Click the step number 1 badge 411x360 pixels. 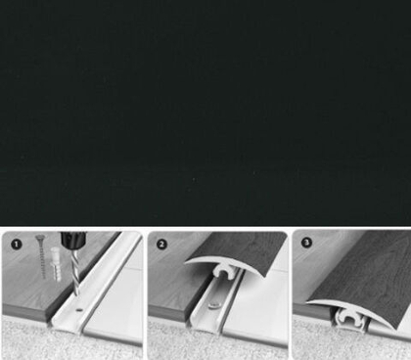point(17,245)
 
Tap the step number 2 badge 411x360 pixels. point(161,245)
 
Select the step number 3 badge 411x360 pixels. point(306,243)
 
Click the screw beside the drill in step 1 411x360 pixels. point(41,256)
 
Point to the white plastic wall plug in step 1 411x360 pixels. point(56,264)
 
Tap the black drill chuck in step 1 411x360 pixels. point(74,241)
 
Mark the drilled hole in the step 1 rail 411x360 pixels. point(78,310)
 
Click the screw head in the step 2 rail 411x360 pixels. point(213,305)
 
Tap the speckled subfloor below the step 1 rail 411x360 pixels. point(39,340)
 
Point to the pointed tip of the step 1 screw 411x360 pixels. point(43,278)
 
